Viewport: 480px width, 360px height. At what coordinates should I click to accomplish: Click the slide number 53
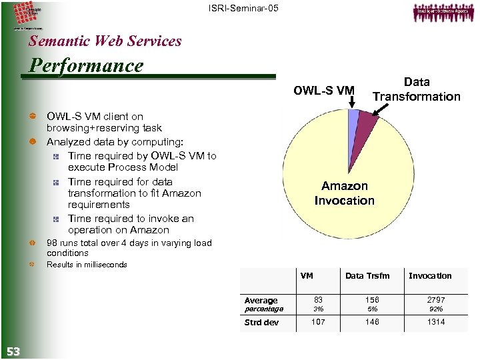coord(13,351)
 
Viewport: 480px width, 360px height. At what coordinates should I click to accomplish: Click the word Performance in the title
coord(85,65)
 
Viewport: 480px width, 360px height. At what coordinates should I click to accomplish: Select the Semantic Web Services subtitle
coord(105,41)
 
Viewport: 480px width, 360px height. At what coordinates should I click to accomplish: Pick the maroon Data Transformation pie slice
coord(366,125)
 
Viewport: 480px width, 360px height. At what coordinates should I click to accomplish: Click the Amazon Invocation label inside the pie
coord(344,193)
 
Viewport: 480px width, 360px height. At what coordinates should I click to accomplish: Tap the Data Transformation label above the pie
coord(416,89)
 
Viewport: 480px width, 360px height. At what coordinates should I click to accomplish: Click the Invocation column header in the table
coord(429,276)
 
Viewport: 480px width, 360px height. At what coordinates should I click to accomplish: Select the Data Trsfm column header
coord(367,276)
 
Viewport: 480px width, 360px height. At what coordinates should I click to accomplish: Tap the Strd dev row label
coord(261,323)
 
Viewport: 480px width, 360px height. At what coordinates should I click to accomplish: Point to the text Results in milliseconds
coord(87,265)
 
